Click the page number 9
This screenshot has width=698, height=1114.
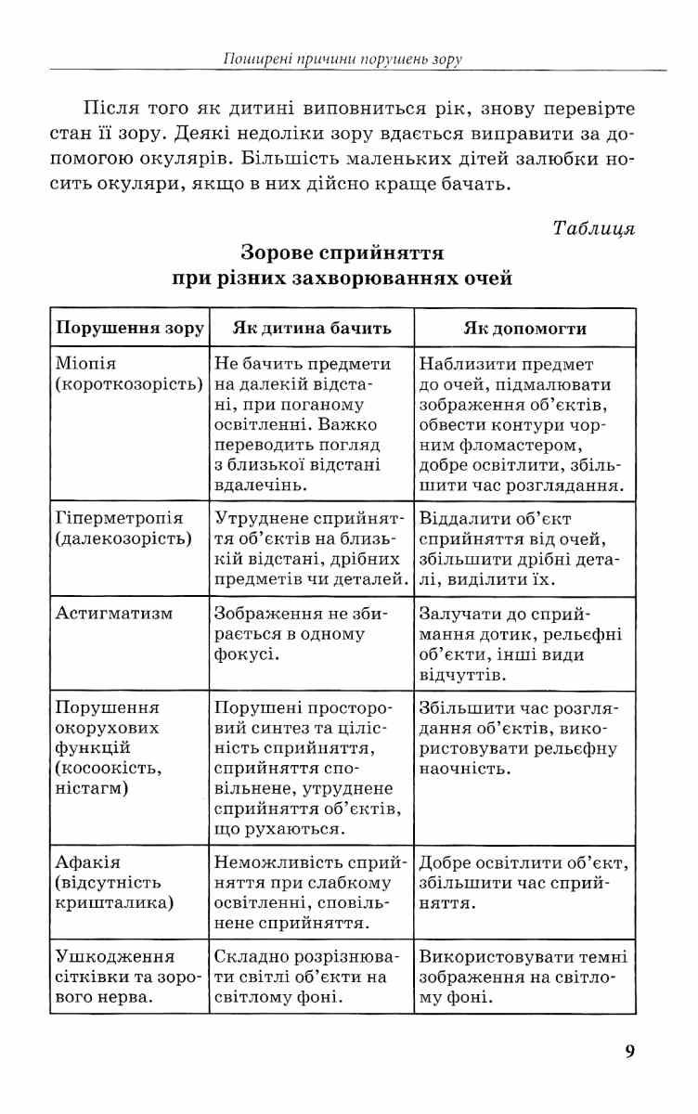click(630, 1052)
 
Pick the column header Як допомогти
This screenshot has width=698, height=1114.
click(524, 328)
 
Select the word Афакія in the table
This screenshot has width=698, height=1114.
click(88, 862)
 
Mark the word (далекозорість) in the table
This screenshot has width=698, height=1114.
click(123, 538)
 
